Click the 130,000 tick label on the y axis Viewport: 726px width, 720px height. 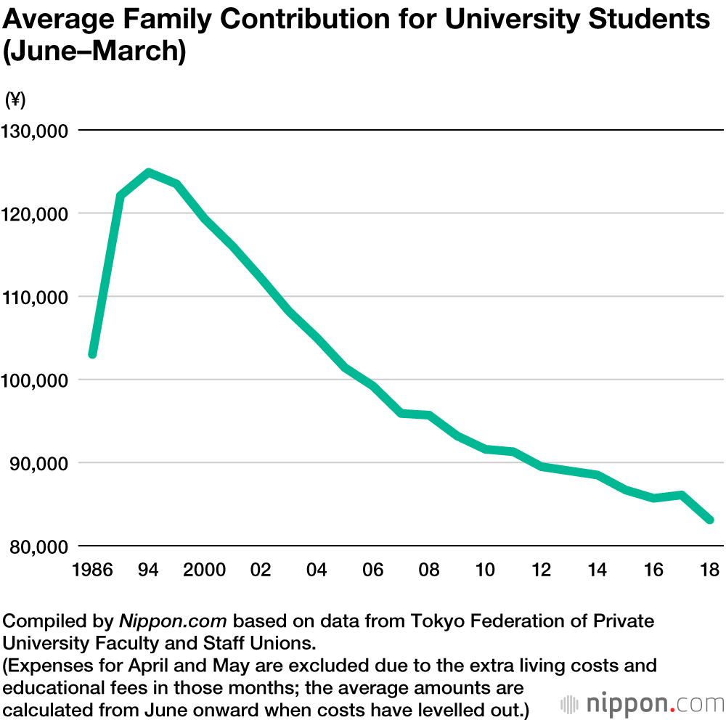[x=36, y=131]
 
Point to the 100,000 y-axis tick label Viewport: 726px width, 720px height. [x=36, y=380]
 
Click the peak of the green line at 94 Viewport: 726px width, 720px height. [x=148, y=173]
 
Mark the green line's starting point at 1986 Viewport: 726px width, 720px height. [x=92, y=354]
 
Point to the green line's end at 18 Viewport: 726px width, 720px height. [x=709, y=520]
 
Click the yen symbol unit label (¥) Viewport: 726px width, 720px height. [x=15, y=100]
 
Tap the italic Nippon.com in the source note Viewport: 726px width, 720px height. [x=174, y=622]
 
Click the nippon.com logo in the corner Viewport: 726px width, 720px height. [x=642, y=703]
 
